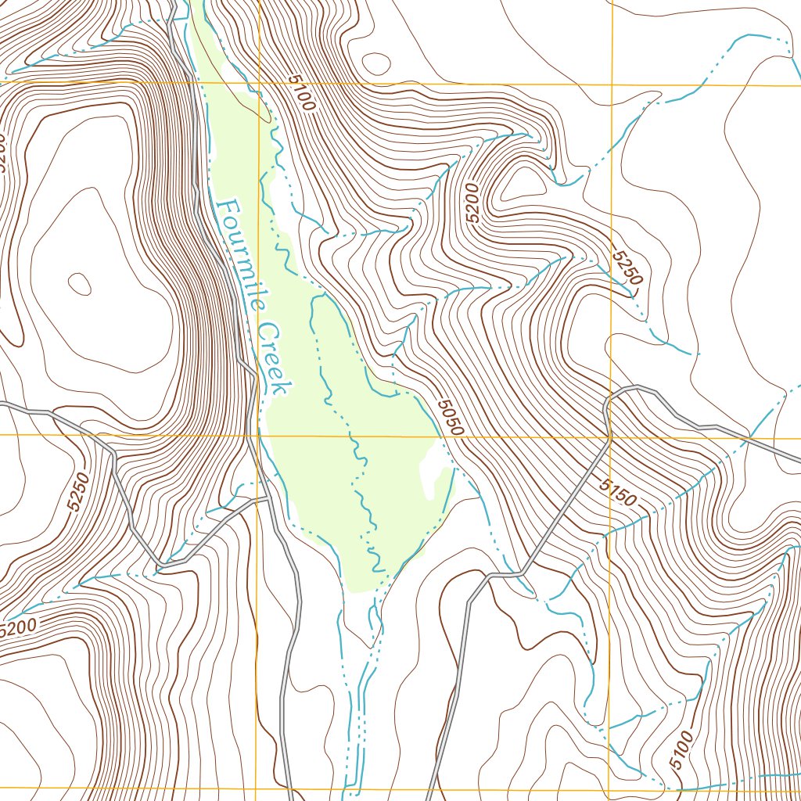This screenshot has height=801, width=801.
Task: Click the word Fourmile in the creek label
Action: click(x=238, y=253)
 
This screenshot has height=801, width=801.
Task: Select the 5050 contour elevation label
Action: click(x=451, y=418)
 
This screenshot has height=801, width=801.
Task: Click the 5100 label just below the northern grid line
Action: click(x=300, y=93)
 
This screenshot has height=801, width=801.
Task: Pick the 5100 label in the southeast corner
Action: click(x=682, y=749)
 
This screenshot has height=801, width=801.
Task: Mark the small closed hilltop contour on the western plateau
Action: click(x=79, y=283)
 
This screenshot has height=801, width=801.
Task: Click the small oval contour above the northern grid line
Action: click(x=376, y=63)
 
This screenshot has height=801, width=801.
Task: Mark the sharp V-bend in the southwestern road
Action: click(x=161, y=564)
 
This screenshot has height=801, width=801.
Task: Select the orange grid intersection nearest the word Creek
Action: click(x=258, y=435)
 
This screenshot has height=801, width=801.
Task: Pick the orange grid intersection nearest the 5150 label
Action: click(x=610, y=437)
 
